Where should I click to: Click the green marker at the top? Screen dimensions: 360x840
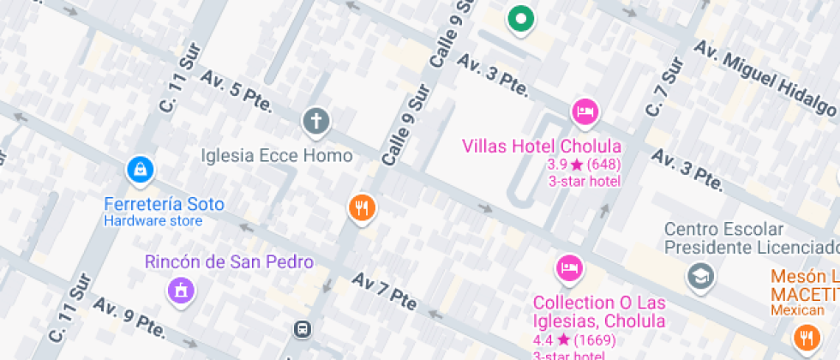coord(519,18)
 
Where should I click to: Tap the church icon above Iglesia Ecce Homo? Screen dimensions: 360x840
coord(316,121)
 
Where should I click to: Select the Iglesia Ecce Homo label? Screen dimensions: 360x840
coord(277,156)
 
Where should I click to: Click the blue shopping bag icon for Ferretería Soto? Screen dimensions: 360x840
coord(139,170)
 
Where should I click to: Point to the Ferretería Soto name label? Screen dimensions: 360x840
coord(164,205)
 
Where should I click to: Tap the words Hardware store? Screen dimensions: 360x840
coord(153,221)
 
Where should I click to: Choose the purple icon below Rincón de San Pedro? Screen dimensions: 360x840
coord(181,291)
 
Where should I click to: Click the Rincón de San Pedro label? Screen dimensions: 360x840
coord(230,262)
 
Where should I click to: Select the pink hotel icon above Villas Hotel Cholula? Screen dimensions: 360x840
coord(585,111)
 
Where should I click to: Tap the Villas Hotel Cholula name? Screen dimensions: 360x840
coord(542,146)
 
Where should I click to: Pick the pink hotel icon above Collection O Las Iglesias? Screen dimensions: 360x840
coord(568,267)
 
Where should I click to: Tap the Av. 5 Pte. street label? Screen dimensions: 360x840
coord(237,93)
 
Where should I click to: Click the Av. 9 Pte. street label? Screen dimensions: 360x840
coord(129,319)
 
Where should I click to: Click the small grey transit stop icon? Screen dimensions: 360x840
coord(303,328)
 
